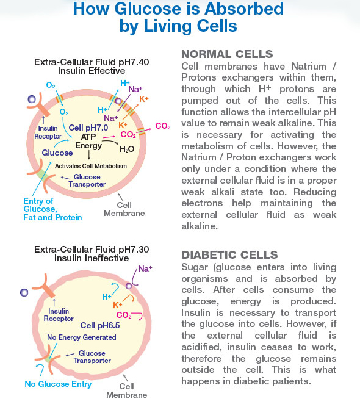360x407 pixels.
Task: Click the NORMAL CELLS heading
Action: point(227,54)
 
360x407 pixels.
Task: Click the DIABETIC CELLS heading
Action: point(229,254)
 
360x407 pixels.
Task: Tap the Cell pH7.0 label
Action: point(88,128)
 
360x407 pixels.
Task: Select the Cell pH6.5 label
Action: point(100,325)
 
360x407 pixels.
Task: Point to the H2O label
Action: point(127,149)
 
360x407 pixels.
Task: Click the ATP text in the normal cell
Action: point(88,137)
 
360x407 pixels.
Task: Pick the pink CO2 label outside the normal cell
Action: point(163,126)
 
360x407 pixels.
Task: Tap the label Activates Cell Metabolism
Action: point(91,166)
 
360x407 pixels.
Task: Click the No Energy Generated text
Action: point(82,337)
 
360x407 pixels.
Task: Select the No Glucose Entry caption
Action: point(58,384)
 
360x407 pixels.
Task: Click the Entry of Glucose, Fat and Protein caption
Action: point(52,209)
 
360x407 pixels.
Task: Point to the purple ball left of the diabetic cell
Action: point(24,292)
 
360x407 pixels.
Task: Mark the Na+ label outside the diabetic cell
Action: point(145,268)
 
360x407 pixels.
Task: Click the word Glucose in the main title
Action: point(148,9)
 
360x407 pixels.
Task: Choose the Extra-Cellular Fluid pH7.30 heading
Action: point(92,250)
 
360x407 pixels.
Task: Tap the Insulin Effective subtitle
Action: point(92,71)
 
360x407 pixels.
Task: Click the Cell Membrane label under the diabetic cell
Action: point(127,391)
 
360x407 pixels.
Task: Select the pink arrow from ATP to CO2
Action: point(109,137)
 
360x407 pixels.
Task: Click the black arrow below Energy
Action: point(89,155)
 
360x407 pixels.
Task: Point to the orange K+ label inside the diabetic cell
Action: point(117,304)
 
